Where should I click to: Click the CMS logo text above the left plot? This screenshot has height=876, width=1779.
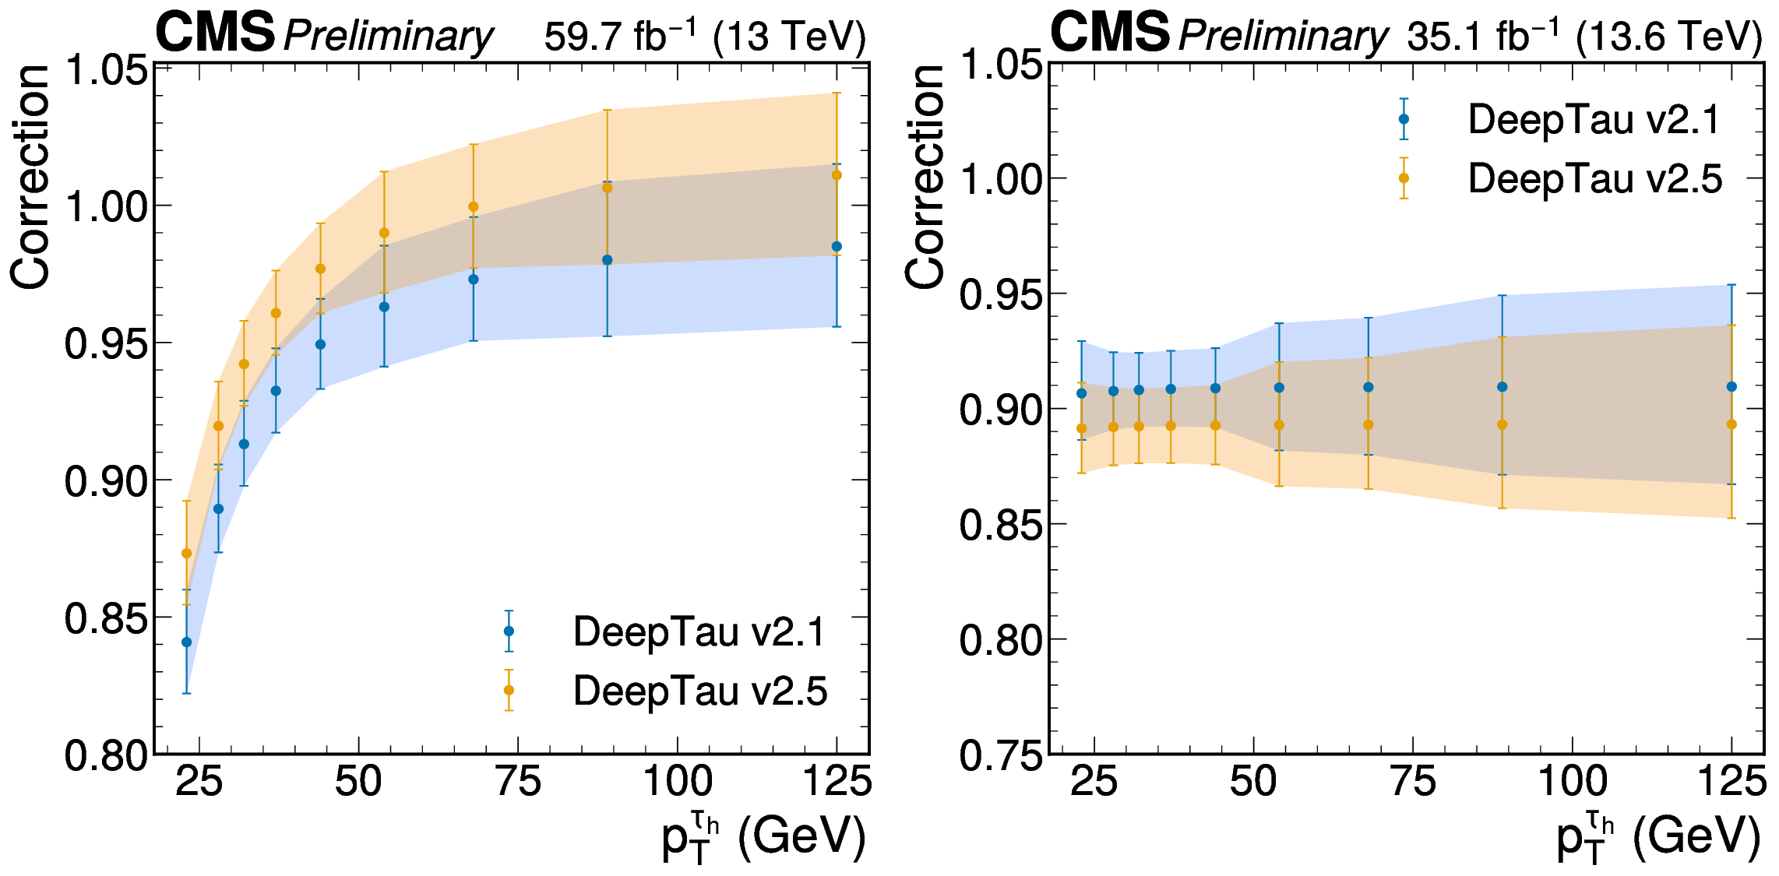tap(216, 33)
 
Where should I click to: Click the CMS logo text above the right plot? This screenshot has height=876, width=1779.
tap(1110, 33)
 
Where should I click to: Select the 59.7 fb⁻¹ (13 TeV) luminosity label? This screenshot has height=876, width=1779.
tap(705, 36)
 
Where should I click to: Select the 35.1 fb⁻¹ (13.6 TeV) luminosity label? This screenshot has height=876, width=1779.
tap(1584, 36)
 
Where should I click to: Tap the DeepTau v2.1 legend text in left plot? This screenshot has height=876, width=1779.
tap(699, 631)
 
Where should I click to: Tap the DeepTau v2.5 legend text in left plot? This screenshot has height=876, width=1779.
tap(700, 691)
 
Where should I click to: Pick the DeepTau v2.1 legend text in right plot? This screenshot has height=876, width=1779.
tap(1594, 120)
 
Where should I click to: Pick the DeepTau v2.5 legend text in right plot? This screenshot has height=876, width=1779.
tap(1595, 179)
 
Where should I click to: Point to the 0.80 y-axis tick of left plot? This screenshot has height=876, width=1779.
tap(106, 755)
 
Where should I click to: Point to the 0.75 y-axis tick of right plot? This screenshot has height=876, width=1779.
tap(1001, 755)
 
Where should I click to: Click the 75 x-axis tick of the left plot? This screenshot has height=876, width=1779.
tap(518, 781)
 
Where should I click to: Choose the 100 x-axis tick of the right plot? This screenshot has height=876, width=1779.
tap(1572, 781)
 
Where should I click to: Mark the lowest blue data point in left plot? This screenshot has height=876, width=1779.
tap(187, 642)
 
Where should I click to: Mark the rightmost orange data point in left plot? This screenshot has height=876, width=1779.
tap(837, 175)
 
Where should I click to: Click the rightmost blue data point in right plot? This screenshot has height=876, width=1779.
tap(1731, 387)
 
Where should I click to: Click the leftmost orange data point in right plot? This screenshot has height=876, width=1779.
tap(1081, 428)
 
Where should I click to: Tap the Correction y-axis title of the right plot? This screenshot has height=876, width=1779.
tap(925, 178)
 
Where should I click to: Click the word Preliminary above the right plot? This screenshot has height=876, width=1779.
tap(1283, 36)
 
